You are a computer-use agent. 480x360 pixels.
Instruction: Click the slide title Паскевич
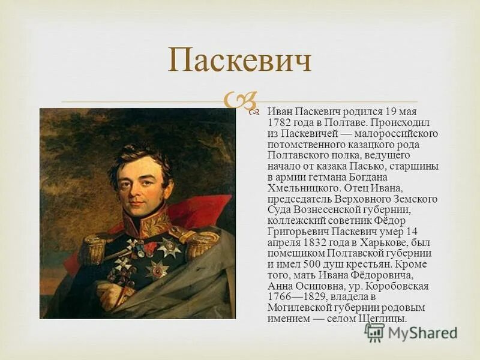point(239,62)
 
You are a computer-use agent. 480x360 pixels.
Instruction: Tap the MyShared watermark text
point(422,332)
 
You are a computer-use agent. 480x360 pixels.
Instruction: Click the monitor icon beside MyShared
point(374,332)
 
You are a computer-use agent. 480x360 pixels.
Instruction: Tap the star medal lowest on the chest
point(157,269)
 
